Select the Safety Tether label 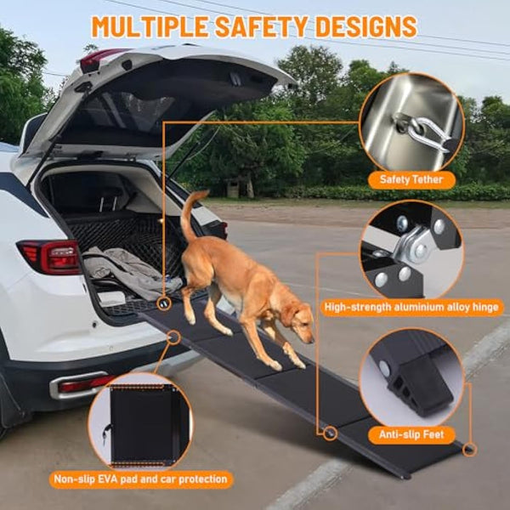click(x=411, y=179)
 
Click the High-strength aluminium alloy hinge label click(x=412, y=308)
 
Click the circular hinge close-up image click(x=411, y=250)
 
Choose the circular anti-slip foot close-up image click(x=411, y=378)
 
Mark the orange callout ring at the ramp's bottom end click(x=470, y=449)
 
